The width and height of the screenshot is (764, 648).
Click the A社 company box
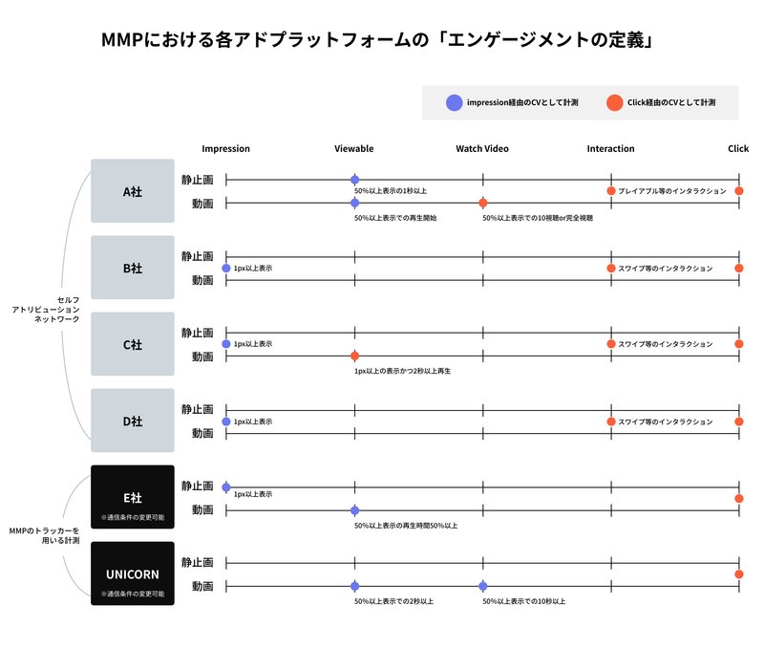click(x=133, y=190)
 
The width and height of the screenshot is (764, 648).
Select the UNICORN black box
click(x=133, y=573)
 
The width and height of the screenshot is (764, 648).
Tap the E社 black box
click(x=133, y=497)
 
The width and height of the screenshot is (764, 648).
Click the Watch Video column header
click(x=482, y=149)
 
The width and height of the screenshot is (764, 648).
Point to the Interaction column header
click(x=610, y=149)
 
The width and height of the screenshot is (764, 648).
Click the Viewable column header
click(x=354, y=149)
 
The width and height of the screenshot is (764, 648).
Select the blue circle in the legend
click(x=455, y=103)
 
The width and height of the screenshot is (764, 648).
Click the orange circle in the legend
click(x=614, y=103)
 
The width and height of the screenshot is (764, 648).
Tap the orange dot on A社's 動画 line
click(x=483, y=203)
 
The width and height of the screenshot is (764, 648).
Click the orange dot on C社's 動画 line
click(x=354, y=356)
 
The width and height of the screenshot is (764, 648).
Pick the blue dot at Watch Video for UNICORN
click(x=483, y=586)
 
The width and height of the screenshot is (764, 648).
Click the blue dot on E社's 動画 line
click(x=354, y=510)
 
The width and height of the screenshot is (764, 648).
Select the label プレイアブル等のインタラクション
click(x=672, y=191)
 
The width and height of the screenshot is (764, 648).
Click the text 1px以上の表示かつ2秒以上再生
click(x=402, y=371)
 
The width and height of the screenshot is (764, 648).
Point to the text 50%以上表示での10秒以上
click(x=524, y=601)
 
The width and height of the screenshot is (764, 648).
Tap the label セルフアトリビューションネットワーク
click(x=46, y=309)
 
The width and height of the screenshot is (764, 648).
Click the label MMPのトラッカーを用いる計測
click(x=44, y=535)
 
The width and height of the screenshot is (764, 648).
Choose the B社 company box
click(x=133, y=268)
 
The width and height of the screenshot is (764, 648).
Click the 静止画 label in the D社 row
click(x=198, y=409)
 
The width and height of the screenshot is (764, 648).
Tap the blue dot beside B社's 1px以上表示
click(x=226, y=269)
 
